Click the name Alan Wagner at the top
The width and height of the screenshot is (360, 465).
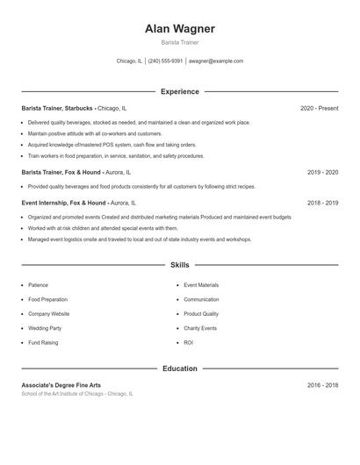pos(179,29)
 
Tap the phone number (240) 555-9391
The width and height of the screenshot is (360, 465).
pos(165,61)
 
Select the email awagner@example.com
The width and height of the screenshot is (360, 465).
pos(216,61)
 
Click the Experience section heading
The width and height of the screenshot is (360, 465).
pos(179,91)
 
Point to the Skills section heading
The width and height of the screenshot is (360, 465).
pos(179,264)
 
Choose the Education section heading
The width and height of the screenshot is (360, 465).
pos(179,368)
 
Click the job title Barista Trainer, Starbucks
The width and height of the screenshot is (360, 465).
pos(58,108)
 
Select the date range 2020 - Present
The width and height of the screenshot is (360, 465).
pos(319,108)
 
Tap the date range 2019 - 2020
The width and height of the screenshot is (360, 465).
pos(322,173)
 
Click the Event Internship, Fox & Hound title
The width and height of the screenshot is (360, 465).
pos(63,202)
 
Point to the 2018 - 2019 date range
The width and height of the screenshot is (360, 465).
pos(322,202)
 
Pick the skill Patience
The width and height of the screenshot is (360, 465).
pos(38,285)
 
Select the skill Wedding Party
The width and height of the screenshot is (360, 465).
pos(44,328)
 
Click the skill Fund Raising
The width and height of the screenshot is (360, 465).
pos(42,342)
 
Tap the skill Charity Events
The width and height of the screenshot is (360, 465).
pos(200,328)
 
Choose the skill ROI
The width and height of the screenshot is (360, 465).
pos(188,342)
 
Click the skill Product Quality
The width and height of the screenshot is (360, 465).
pos(201,313)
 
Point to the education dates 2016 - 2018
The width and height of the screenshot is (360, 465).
pos(322,385)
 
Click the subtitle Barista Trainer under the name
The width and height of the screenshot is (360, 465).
pos(179,42)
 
